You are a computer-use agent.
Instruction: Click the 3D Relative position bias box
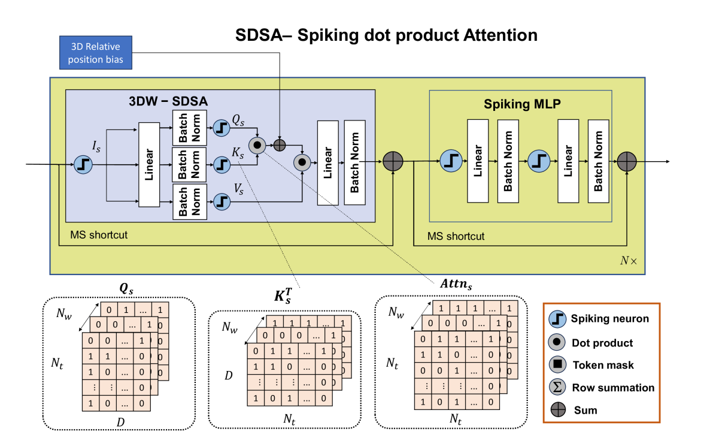tap(96, 52)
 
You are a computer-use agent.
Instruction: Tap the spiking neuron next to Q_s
tap(221, 127)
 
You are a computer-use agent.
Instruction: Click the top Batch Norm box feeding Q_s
tap(189, 127)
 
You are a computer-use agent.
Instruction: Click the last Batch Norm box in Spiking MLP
tap(598, 161)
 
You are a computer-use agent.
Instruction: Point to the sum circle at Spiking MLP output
tap(626, 161)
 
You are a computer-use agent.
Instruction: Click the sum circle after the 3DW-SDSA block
tap(393, 161)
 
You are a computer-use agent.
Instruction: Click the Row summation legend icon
tap(557, 387)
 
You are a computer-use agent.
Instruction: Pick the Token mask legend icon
tap(557, 364)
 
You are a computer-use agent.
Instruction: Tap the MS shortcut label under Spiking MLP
tap(456, 236)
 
